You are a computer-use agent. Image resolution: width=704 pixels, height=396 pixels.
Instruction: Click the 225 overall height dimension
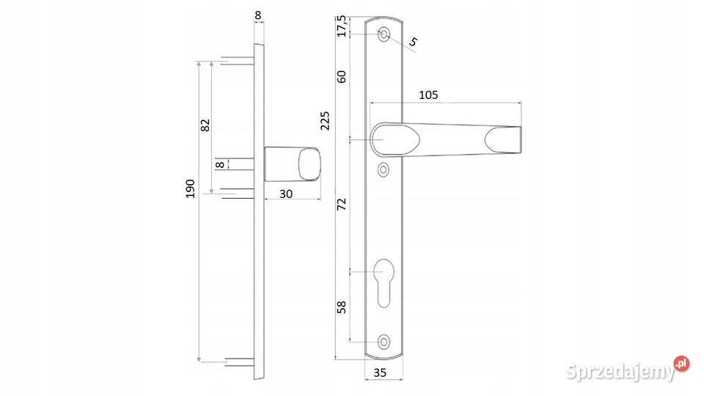click(325, 121)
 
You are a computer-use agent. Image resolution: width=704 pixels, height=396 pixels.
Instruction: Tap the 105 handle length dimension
click(428, 95)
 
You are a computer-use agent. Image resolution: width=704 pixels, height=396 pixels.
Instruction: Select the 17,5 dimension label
click(342, 26)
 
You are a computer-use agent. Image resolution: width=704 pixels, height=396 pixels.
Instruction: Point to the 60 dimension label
click(342, 77)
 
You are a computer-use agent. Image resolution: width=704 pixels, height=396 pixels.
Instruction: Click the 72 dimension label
click(342, 205)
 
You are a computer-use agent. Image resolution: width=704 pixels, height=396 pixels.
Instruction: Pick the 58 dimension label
click(342, 307)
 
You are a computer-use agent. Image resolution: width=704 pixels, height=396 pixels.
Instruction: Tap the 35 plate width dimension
click(380, 373)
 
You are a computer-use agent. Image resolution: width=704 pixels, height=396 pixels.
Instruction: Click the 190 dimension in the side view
click(191, 188)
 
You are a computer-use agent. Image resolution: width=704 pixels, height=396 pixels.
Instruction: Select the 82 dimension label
click(205, 125)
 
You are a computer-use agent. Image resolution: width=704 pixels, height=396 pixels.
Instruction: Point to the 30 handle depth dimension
click(286, 194)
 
